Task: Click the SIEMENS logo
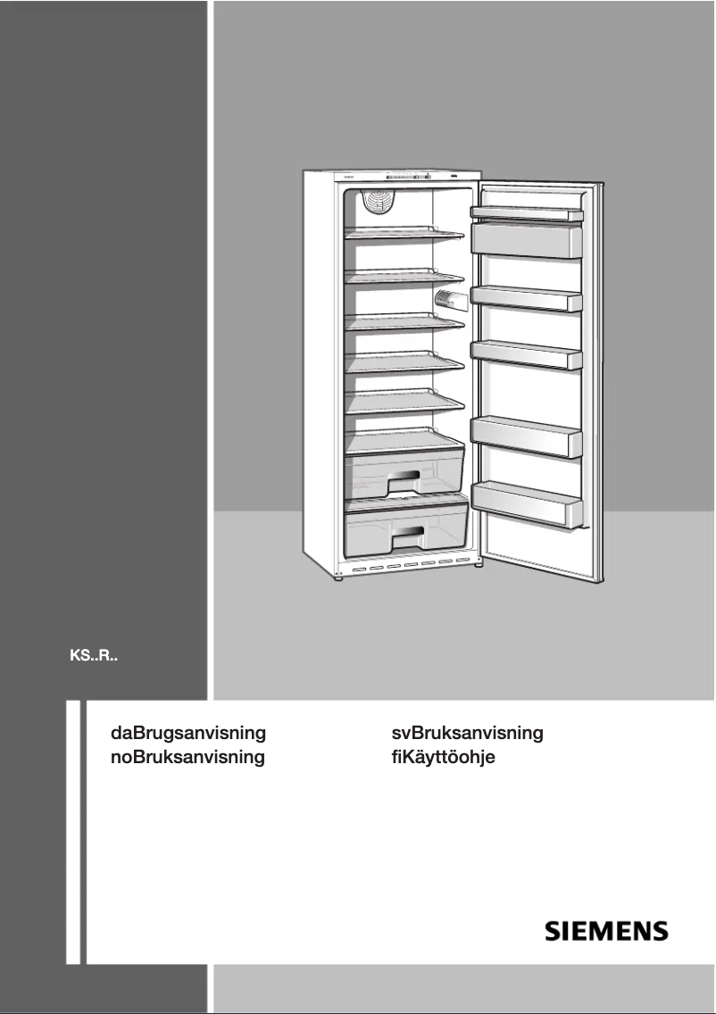(x=606, y=932)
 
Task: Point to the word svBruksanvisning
(x=467, y=734)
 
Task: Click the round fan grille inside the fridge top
(x=378, y=204)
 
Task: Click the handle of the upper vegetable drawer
(x=408, y=481)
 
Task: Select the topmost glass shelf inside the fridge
(x=404, y=234)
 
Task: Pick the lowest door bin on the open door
(x=527, y=503)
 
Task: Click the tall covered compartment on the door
(x=526, y=239)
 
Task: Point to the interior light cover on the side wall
(x=449, y=300)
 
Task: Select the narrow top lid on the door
(x=526, y=212)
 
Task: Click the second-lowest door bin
(x=527, y=436)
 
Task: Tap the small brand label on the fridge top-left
(x=349, y=178)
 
